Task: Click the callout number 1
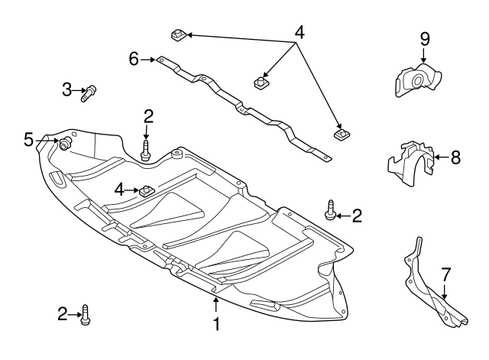point(216,324)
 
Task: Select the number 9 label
point(425,39)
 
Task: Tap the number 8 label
point(455,157)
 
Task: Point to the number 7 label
point(446,275)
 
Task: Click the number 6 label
point(134,59)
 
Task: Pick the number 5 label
point(28,139)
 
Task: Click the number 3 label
point(66,89)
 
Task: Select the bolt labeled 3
point(89,93)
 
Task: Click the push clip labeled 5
point(65,144)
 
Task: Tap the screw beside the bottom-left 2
point(86,315)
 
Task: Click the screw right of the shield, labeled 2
point(329,210)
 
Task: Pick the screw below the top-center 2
point(145,151)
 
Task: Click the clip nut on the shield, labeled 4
point(144,190)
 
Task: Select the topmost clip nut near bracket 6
point(179,34)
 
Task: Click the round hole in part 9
point(417,81)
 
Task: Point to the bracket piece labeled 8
point(410,164)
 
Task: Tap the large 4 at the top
point(299,32)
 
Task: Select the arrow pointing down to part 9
point(423,55)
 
